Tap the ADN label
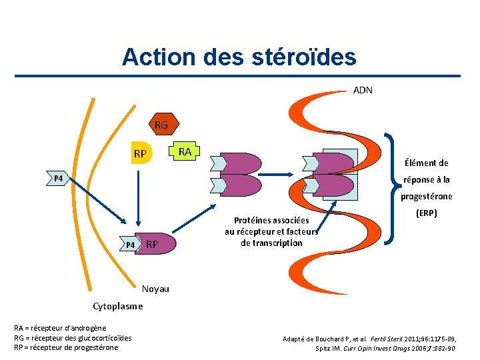pos(363,89)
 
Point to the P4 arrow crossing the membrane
pos(59,179)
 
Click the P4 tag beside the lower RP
pos(130,245)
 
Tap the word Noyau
pos(155,289)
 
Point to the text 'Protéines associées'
pos(271,220)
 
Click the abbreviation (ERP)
pos(427,215)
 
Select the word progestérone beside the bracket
pos(427,196)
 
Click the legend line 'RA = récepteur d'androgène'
pos(60,328)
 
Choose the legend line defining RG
pos(73,337)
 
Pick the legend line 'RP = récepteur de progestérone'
pos(66,347)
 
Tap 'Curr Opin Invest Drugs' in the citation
pos(379,348)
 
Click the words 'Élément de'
pos(426,163)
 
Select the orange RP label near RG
pos(139,155)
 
